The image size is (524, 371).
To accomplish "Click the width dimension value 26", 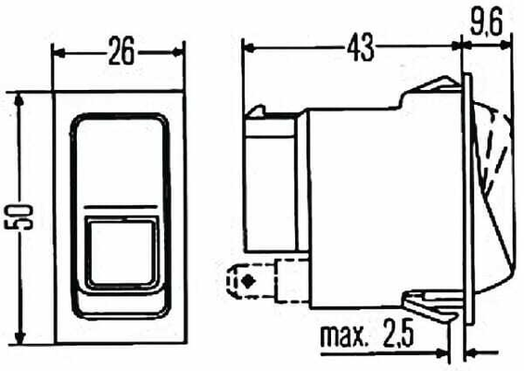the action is point(121,51).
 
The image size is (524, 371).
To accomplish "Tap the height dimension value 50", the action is point(19,217).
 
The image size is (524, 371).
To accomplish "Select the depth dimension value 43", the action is point(360,47).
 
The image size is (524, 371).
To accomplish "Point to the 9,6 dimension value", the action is point(487,23).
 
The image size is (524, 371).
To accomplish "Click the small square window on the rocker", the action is point(121,252).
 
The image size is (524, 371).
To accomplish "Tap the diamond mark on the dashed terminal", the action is point(248,281).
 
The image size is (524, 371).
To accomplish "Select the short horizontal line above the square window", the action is point(121,207).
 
